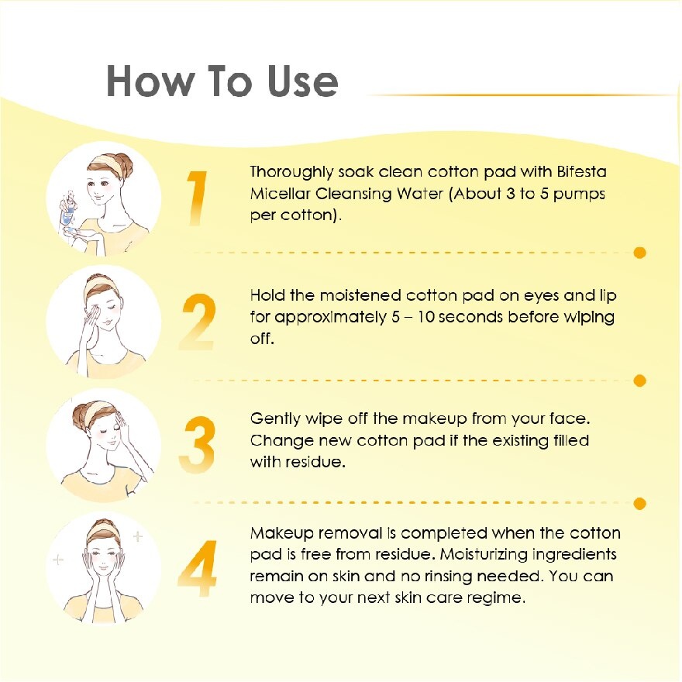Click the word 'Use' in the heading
click(x=303, y=81)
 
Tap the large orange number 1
click(x=197, y=198)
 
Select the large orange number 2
click(x=198, y=322)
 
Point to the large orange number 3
click(x=197, y=445)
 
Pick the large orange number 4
click(x=198, y=568)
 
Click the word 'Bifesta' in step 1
click(x=581, y=172)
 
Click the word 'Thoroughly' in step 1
click(x=291, y=173)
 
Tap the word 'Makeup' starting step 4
click(x=282, y=534)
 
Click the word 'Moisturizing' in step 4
click(x=483, y=555)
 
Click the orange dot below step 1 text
click(x=639, y=253)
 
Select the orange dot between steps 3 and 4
click(x=639, y=504)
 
